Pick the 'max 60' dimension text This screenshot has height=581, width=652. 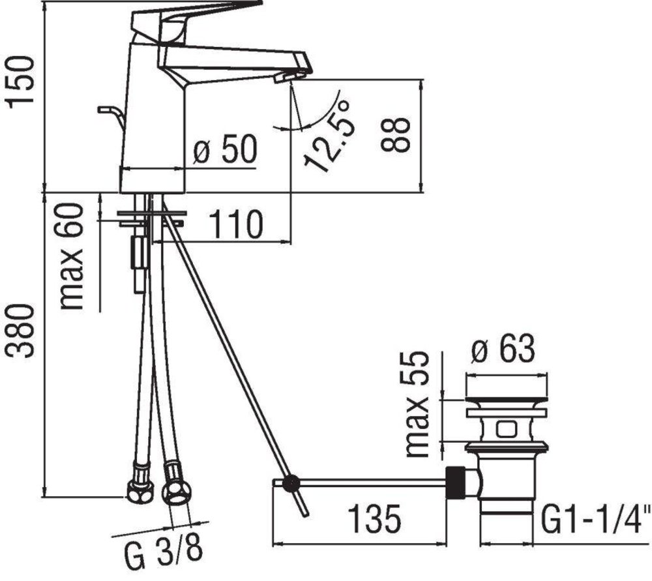(71, 256)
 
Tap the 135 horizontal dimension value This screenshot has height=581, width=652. (374, 519)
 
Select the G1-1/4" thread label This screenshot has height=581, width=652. (595, 519)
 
